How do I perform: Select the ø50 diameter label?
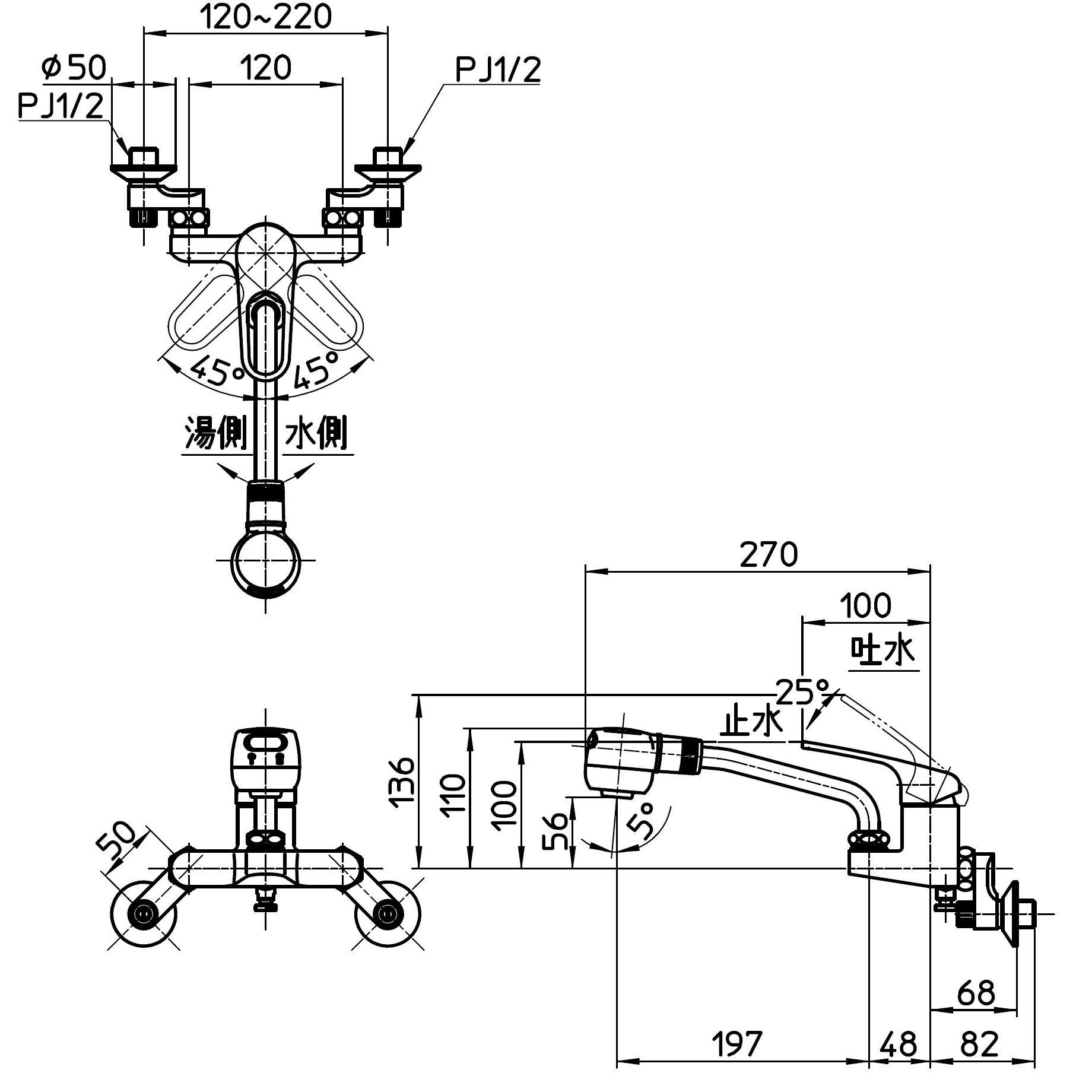(74, 67)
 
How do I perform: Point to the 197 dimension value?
(737, 1043)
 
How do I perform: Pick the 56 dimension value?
(556, 831)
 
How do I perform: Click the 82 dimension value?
(979, 1043)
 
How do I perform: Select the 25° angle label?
(802, 691)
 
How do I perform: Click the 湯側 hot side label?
(215, 432)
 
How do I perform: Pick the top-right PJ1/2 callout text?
(497, 70)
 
